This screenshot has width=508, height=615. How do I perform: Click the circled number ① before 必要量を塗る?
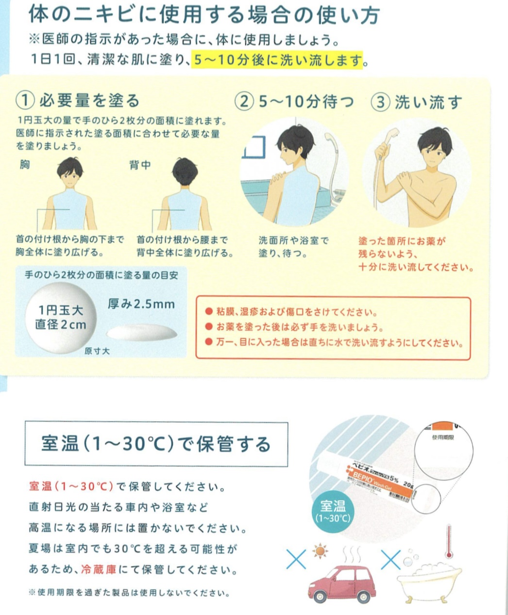coord(25,101)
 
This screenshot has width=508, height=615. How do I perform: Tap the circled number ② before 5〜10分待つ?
coord(244,101)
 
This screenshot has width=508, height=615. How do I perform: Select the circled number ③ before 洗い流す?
coord(380,102)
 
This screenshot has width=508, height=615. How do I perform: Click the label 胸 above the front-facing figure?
coord(24,164)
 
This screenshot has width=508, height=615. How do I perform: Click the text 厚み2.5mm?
coord(141,305)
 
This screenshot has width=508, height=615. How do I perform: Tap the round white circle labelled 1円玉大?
coord(61,317)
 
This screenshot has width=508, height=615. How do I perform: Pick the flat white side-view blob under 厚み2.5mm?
coord(142,332)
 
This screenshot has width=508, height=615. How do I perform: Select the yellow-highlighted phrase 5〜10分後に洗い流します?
coord(277,60)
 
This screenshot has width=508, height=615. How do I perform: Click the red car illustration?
coord(341,582)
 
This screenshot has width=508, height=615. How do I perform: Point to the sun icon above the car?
coord(320,551)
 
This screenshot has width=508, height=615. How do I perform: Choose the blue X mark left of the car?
coord(296,559)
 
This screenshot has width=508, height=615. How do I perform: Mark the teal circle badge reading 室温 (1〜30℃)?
coord(333,512)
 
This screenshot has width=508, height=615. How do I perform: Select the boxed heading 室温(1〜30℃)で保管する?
coord(156,444)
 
